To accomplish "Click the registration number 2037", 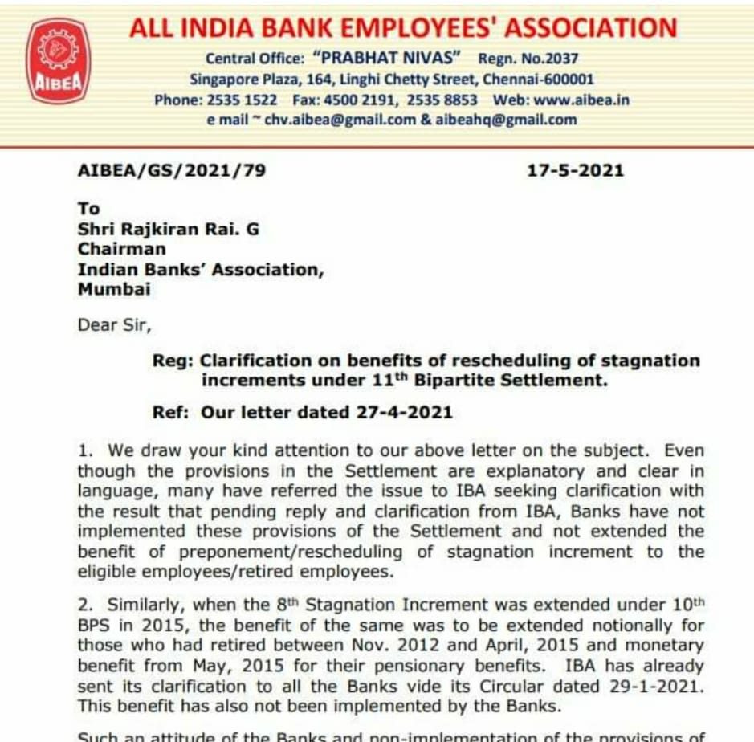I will [x=562, y=59].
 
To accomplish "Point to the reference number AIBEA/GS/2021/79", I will [x=171, y=170].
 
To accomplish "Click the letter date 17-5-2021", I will [x=575, y=170].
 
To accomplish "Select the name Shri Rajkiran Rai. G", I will [x=169, y=229].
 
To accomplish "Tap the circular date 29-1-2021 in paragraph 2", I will [x=654, y=687].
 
